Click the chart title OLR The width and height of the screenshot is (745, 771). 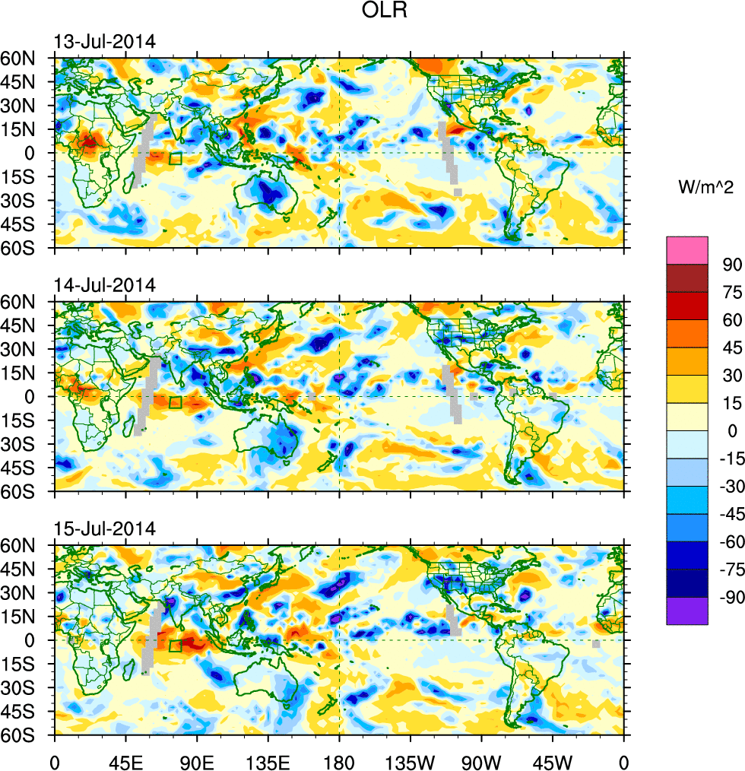pyautogui.click(x=380, y=12)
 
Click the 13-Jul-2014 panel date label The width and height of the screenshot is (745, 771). pyautogui.click(x=104, y=42)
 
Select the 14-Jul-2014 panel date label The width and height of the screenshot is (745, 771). pyautogui.click(x=104, y=285)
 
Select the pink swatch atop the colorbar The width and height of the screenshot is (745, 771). pyautogui.click(x=687, y=250)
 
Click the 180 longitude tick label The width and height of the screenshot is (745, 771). pyautogui.click(x=339, y=760)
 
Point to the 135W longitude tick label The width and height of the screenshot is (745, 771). pyautogui.click(x=410, y=760)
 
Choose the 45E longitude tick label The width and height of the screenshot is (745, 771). pyautogui.click(x=125, y=760)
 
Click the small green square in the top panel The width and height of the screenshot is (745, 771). pyautogui.click(x=176, y=159)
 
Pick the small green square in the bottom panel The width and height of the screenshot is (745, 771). pyautogui.click(x=176, y=646)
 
